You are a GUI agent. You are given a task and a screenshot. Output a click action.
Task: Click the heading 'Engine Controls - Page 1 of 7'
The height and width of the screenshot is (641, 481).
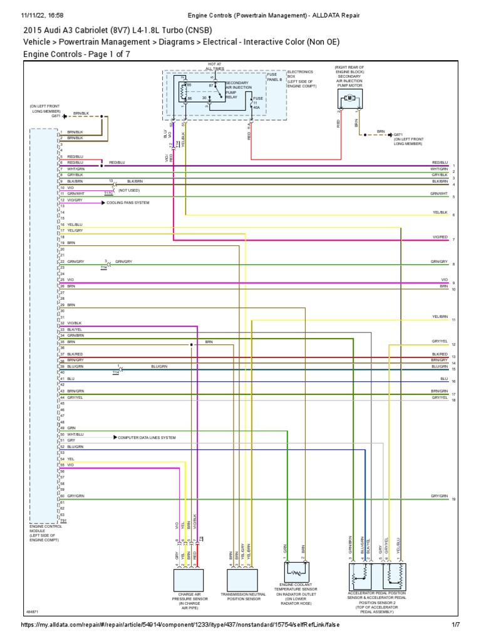pos(76,54)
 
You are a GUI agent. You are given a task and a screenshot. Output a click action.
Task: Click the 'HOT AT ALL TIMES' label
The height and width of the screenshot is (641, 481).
pos(215,66)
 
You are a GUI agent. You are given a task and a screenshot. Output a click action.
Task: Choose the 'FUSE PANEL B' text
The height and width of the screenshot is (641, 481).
pos(274,77)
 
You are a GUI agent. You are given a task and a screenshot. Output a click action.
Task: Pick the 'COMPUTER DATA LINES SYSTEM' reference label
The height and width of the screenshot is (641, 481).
pos(147,438)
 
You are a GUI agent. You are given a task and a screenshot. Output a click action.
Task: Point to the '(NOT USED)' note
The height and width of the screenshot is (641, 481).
pos(129,190)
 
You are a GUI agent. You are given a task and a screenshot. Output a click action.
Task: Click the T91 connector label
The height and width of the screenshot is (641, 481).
pos(63,521)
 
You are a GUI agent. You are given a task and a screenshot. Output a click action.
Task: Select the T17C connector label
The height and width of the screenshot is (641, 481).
pos(109,194)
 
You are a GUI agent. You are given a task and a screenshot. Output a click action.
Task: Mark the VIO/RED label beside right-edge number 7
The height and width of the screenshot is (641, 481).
pos(440,238)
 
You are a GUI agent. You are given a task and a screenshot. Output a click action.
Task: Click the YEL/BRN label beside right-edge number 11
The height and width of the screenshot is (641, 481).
pos(440,317)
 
